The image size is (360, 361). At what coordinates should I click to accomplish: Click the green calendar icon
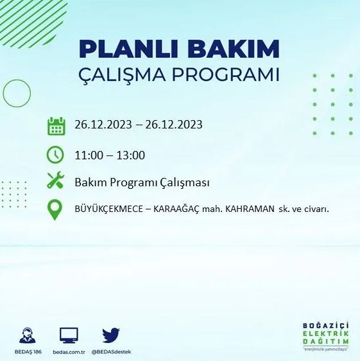tap(56, 126)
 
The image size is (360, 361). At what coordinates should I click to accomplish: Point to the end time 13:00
tap(130, 155)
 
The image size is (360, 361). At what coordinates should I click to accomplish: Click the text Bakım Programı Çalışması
tap(142, 182)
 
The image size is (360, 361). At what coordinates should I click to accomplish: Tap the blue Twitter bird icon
tap(111, 335)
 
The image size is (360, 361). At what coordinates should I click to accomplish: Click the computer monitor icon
tap(69, 335)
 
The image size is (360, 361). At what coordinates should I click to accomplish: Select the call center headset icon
tap(27, 335)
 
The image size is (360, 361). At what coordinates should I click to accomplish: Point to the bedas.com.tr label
tap(69, 353)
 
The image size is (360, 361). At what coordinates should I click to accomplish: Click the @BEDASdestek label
tap(111, 353)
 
